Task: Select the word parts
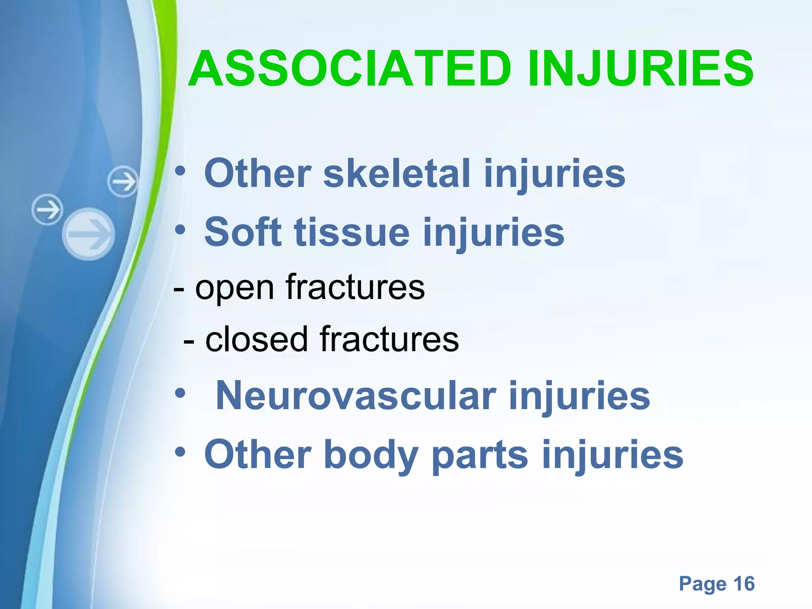click(x=480, y=455)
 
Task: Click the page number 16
click(x=744, y=583)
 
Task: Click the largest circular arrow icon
click(x=89, y=234)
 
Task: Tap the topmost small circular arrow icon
click(x=123, y=182)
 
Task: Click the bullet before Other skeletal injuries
click(x=180, y=172)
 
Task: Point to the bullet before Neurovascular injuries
click(x=180, y=394)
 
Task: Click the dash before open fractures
click(x=178, y=289)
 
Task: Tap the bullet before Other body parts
click(x=180, y=452)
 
